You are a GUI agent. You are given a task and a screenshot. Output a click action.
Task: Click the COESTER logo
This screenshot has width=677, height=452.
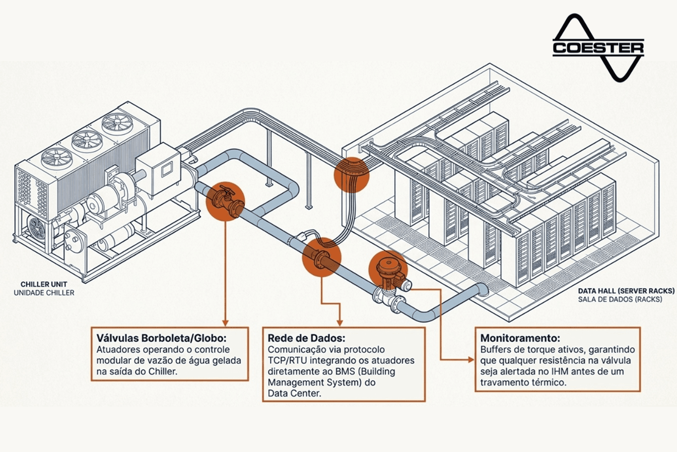(x=598, y=47)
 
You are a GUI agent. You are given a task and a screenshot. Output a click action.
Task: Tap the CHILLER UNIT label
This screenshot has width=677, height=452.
(x=44, y=285)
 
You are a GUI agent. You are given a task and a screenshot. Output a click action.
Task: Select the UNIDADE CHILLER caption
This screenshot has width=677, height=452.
(x=44, y=293)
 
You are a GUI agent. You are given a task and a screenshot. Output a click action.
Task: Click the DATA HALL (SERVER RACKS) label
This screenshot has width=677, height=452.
(x=626, y=291)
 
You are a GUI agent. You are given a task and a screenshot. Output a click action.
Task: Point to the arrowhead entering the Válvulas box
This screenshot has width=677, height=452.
(x=225, y=322)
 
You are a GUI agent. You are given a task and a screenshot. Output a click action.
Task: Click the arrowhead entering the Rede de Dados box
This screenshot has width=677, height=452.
(x=340, y=322)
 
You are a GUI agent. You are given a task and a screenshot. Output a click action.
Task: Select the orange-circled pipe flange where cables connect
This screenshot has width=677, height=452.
(x=321, y=257)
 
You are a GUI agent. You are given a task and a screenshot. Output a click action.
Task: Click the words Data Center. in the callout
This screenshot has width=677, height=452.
(x=294, y=393)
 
